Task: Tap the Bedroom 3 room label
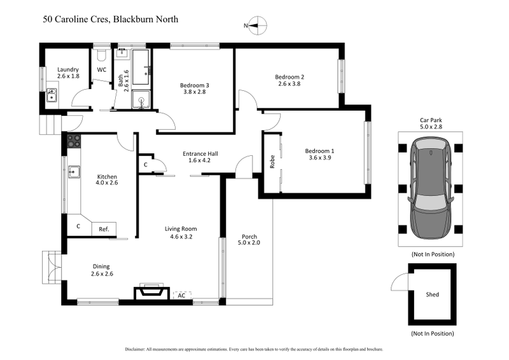194,86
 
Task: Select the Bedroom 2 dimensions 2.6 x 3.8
290,84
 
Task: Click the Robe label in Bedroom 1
272,162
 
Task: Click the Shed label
432,294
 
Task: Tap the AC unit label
181,295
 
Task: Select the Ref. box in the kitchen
104,229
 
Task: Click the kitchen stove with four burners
73,141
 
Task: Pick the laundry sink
52,95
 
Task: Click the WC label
101,70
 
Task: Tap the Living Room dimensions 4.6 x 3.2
181,237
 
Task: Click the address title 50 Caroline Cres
110,19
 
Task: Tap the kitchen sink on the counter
74,170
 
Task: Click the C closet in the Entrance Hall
146,165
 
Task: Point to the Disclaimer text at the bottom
254,349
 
